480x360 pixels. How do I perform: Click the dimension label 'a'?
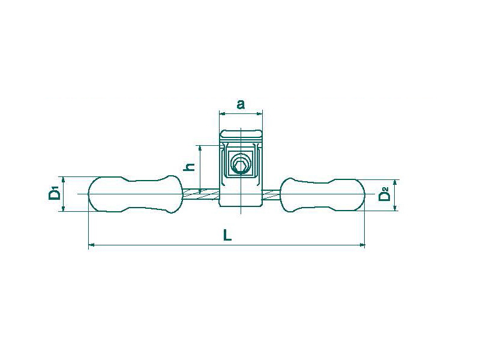point(241,104)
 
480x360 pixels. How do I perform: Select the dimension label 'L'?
point(227,235)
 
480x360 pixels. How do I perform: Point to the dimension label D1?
point(54,194)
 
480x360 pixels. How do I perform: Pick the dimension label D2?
point(384,194)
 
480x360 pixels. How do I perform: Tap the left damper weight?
point(136,194)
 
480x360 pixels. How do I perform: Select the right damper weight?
point(323,194)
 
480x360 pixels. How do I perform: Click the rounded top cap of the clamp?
point(241,136)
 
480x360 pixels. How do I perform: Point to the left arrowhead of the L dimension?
point(91,245)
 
